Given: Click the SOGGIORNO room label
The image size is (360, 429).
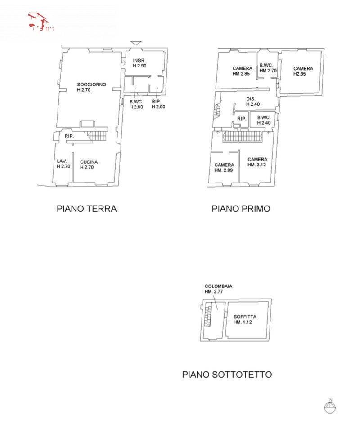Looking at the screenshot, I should click(92, 84).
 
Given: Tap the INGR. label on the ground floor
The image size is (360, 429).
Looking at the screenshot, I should click(139, 60).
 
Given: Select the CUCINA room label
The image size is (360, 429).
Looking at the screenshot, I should click(89, 162).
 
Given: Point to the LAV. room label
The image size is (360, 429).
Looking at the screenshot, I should click(62, 161).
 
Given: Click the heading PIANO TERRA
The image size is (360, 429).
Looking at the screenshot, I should click(86, 209).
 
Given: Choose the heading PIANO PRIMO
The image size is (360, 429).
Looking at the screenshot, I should click(241, 209).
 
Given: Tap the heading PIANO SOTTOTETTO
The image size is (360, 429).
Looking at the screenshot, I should click(227, 374).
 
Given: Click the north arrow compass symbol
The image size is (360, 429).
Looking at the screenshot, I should click(330, 407).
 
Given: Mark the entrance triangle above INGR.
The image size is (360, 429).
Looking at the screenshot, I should click(136, 43).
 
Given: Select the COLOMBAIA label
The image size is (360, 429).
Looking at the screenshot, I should click(218, 286).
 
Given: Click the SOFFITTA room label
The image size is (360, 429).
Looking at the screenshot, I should click(245, 317).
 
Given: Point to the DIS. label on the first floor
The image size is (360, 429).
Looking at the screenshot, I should click(251, 99).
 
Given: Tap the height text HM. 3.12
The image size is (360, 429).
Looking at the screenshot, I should click(257, 165).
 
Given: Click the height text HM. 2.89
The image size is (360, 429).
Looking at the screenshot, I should click(224, 170).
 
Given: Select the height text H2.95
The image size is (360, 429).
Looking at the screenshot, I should click(299, 74).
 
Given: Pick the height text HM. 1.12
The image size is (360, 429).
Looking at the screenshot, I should click(245, 322).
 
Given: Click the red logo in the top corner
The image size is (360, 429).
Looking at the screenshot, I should click(41, 22).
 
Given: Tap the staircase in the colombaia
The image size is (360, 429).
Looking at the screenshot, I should click(208, 314).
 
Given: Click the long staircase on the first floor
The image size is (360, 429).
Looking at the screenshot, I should click(242, 136).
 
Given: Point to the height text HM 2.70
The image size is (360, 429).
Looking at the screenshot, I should click(268, 71).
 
